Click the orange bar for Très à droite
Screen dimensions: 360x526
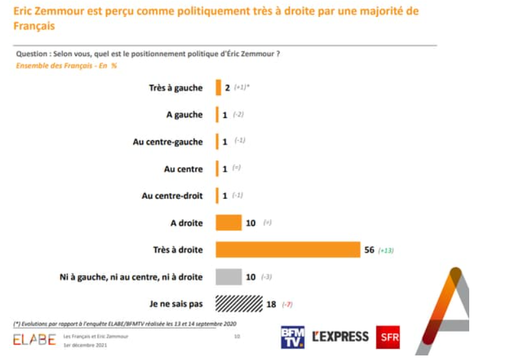(288, 250)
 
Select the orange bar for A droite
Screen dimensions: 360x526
(228, 223)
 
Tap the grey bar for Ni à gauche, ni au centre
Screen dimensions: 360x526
(228, 277)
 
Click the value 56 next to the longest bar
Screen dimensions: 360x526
(369, 250)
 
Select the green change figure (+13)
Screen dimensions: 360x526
(386, 250)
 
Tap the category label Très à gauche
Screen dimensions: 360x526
(176, 88)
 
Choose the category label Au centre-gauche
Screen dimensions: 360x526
(168, 142)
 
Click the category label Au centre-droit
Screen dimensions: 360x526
(172, 196)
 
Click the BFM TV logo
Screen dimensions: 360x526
(292, 337)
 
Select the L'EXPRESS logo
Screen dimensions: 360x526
(340, 337)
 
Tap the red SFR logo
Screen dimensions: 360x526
(388, 337)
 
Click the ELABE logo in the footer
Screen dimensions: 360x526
(34, 339)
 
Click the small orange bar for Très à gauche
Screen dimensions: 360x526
(219, 88)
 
